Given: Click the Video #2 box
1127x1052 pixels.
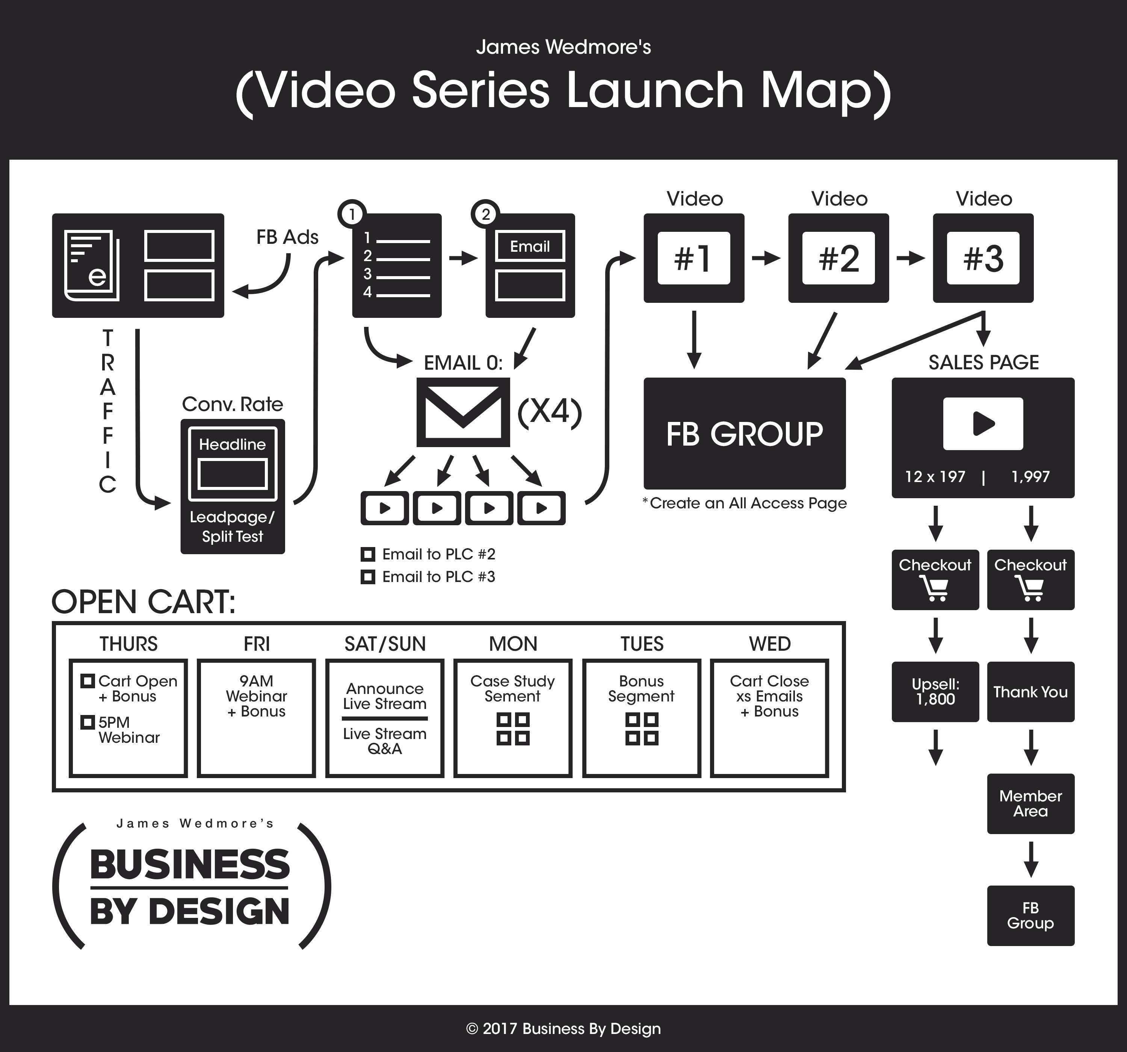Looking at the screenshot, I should [838, 258].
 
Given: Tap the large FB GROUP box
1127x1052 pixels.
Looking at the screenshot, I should [744, 434].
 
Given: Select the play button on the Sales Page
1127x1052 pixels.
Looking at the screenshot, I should [983, 424].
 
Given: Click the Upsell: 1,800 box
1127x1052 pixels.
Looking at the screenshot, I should [935, 692].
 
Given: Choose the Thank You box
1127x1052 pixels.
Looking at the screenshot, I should [1030, 692].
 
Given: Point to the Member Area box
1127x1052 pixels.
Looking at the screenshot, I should [1030, 804].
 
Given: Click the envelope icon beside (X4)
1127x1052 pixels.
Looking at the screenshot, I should [463, 412].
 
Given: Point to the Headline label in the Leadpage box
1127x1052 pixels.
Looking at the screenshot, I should [233, 444].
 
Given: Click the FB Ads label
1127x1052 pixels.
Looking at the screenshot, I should [287, 237].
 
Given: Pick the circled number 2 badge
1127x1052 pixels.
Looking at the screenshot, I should [485, 215].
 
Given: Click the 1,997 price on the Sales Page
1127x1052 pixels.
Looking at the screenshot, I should [1030, 477].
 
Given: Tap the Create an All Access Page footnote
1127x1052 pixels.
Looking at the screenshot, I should [745, 503].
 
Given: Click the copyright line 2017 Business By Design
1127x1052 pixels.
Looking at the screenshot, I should [563, 1029].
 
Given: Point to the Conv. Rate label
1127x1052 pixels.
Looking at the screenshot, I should [233, 404].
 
